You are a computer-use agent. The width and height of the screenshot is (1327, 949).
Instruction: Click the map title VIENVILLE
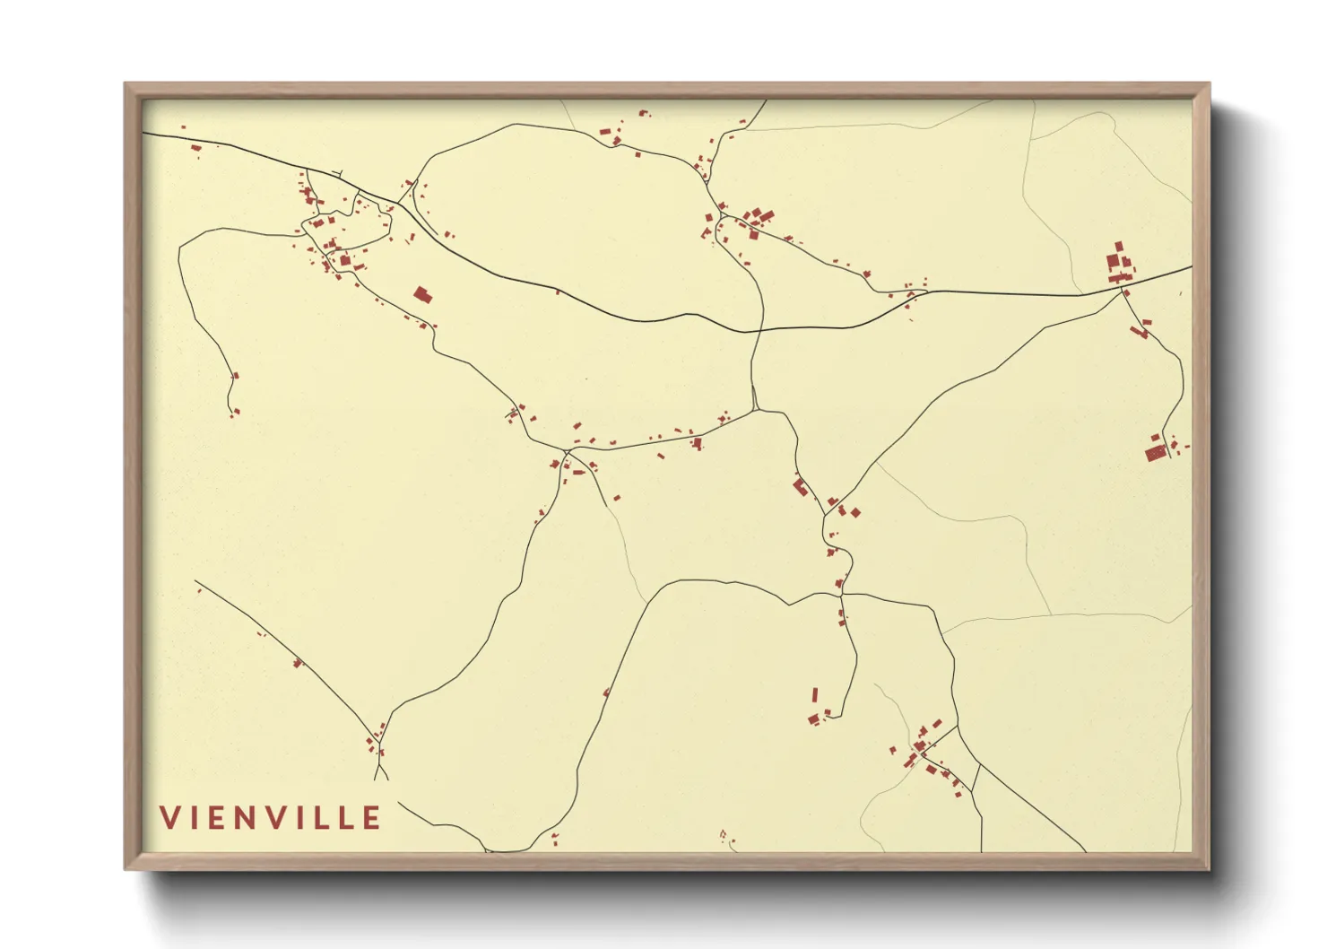(x=271, y=817)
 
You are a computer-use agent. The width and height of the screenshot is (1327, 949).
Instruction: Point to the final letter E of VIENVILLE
(x=371, y=817)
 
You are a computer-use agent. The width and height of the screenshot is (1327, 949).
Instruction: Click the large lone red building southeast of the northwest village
(x=422, y=293)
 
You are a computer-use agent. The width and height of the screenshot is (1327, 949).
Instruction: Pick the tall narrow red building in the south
(x=815, y=695)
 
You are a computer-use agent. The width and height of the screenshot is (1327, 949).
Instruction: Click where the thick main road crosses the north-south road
(x=759, y=330)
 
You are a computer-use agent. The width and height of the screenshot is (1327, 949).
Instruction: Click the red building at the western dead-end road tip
(x=236, y=377)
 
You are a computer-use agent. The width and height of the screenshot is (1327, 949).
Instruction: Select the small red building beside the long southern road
(x=607, y=692)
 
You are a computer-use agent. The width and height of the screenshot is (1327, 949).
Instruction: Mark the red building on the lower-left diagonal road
(x=298, y=664)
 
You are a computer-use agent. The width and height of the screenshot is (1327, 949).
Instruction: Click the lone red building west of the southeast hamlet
(x=893, y=750)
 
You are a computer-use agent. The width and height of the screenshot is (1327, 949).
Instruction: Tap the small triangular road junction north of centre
(x=755, y=400)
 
